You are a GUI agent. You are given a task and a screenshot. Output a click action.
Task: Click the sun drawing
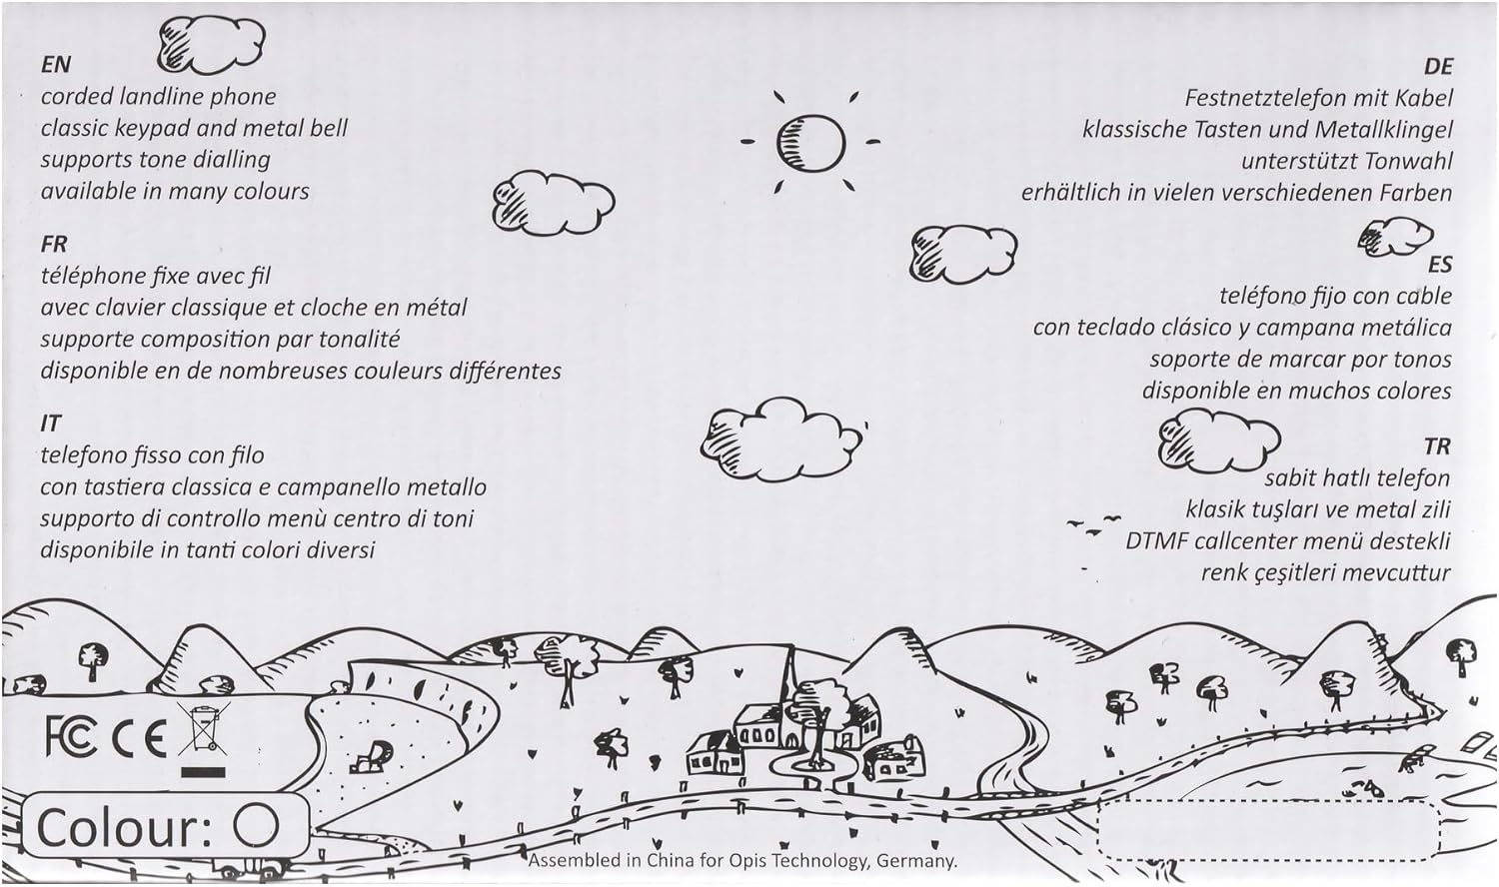click(810, 142)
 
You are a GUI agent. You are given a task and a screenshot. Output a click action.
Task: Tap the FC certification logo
click(71, 737)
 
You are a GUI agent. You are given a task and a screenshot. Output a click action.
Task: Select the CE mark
click(140, 739)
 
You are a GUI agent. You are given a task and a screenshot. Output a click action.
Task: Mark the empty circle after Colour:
click(256, 826)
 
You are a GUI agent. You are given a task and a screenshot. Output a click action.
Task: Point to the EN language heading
click(56, 65)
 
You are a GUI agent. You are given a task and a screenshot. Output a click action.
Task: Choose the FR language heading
click(54, 244)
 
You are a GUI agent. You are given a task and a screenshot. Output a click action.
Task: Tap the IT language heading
click(50, 424)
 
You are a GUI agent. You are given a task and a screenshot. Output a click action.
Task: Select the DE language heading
click(1437, 67)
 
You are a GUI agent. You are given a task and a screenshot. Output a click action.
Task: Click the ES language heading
click(1439, 265)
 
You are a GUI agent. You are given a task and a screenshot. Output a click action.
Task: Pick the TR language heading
click(1437, 446)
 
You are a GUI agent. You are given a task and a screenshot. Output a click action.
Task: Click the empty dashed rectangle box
click(1267, 829)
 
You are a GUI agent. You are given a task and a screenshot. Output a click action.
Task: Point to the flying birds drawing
click(1095, 526)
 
